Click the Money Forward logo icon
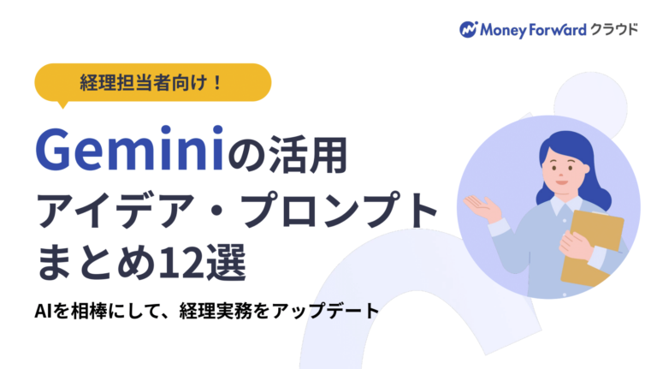pyautogui.click(x=468, y=29)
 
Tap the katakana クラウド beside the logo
pyautogui.click(x=613, y=29)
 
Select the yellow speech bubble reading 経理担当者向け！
pyautogui.click(x=152, y=83)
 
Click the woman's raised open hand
pyautogui.click(x=482, y=205)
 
